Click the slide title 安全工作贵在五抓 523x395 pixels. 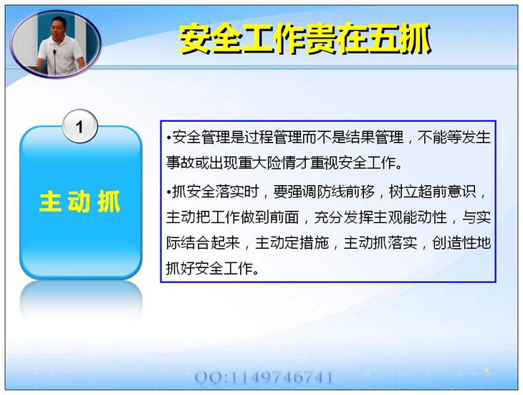pos(305,39)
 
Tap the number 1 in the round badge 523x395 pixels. pos(80,126)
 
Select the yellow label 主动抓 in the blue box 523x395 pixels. pos(80,201)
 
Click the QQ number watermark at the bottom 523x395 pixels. pos(264,377)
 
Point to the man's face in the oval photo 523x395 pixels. pos(59,27)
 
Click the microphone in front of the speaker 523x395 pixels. pos(54,62)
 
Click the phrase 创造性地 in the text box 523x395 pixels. pos(461,243)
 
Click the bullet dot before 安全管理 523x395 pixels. pos(169,138)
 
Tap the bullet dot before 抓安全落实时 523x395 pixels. pos(169,192)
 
